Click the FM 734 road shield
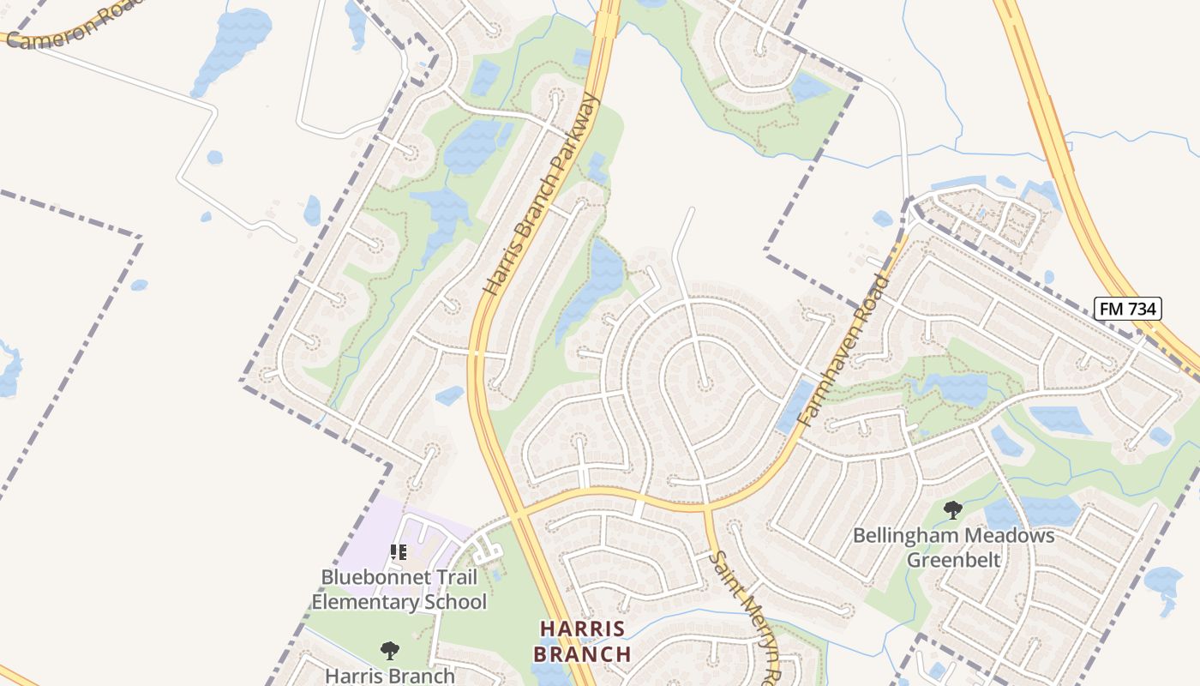1127,309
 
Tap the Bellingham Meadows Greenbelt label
953,548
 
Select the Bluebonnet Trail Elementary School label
399,589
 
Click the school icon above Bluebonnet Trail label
398,552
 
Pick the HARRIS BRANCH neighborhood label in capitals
582,641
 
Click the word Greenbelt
954,560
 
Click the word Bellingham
903,536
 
